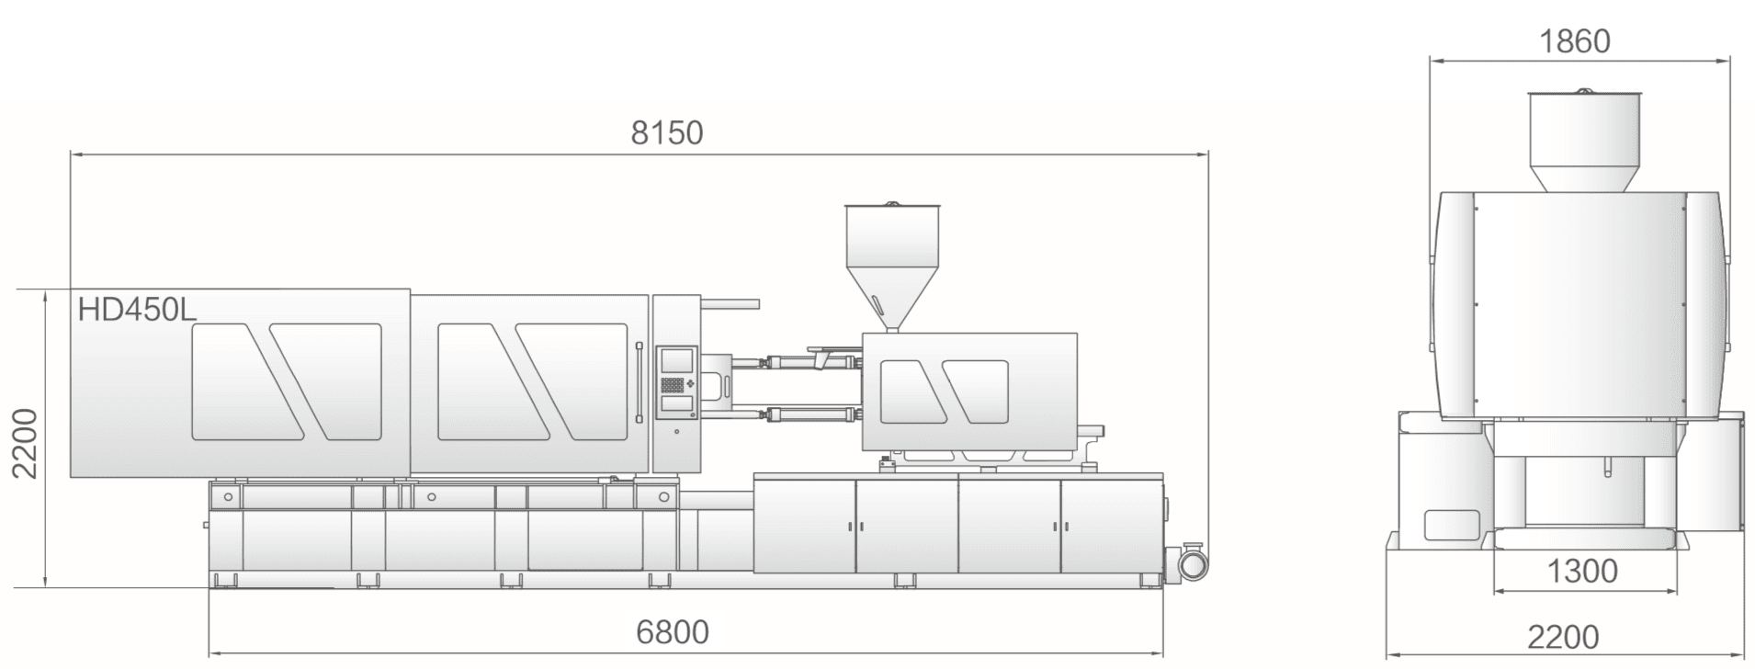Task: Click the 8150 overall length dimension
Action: tap(666, 133)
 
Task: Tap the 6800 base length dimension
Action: tap(673, 632)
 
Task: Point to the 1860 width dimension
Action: tap(1574, 41)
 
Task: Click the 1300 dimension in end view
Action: tap(1582, 572)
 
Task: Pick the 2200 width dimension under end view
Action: tap(1563, 637)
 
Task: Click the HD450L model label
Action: tap(137, 311)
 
